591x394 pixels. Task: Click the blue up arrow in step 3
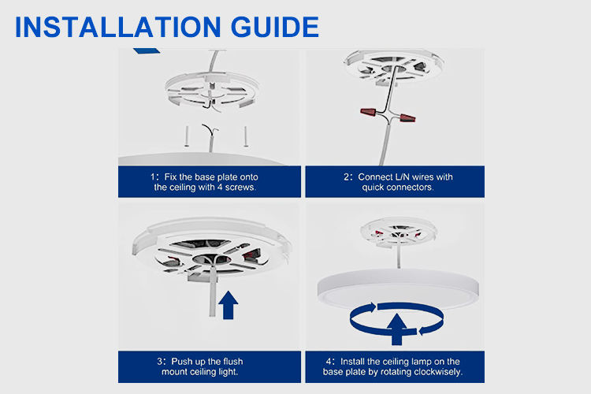click(229, 304)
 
